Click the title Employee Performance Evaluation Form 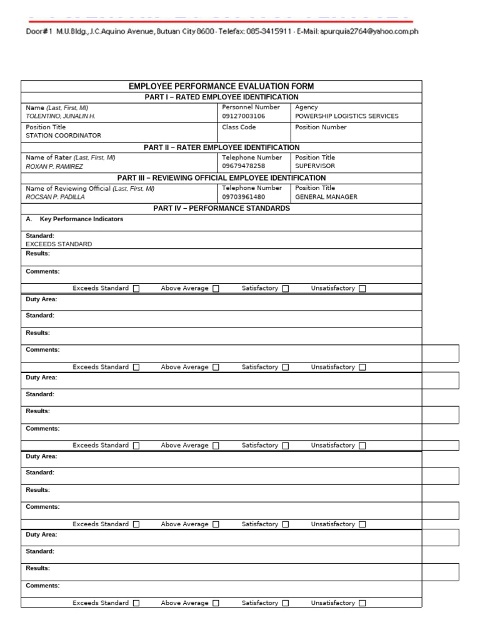point(221,86)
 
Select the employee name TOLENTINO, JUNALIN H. point(61,116)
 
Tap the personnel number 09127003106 point(244,116)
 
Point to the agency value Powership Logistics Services point(346,116)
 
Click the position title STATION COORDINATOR point(63,136)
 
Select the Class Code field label point(239,127)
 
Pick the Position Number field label point(321,127)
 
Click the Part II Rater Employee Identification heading point(221,147)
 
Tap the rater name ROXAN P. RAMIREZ point(54,167)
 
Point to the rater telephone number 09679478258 point(244,166)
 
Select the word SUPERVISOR point(315,166)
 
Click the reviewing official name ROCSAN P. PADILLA point(55,197)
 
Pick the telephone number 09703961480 point(244,197)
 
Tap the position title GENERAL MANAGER point(326,197)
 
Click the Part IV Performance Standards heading point(221,208)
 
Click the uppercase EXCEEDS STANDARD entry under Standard point(59,244)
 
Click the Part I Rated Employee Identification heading point(221,97)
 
